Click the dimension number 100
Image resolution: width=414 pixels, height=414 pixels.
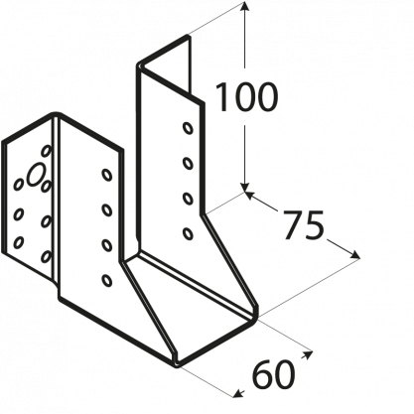point(246,97)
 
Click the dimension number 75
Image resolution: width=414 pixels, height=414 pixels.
point(304,225)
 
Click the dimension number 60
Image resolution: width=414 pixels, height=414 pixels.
point(273,374)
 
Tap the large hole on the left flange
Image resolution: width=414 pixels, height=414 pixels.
point(36,174)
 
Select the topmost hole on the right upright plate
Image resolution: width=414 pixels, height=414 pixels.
point(188,128)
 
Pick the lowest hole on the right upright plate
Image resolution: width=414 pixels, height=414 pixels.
point(188,233)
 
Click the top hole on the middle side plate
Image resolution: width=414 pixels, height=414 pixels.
point(106,175)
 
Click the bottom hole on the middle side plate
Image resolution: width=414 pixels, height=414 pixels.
point(106,280)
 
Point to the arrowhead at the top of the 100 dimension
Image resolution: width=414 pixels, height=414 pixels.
point(244,6)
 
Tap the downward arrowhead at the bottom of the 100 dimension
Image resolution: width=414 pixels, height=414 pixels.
point(244,188)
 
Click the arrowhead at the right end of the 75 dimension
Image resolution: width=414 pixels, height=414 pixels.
point(354,254)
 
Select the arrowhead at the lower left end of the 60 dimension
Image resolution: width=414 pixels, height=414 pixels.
point(238,393)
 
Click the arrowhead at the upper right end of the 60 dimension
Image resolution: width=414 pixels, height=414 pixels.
point(307,354)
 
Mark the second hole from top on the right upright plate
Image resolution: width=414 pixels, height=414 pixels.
point(188,163)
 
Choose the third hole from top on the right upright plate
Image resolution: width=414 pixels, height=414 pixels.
point(188,199)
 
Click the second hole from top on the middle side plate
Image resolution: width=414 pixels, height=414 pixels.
point(106,209)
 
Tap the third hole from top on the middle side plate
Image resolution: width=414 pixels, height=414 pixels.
point(106,245)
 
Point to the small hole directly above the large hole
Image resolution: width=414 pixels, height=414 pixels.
point(47,151)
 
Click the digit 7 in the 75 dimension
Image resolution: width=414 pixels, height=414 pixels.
point(293,225)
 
